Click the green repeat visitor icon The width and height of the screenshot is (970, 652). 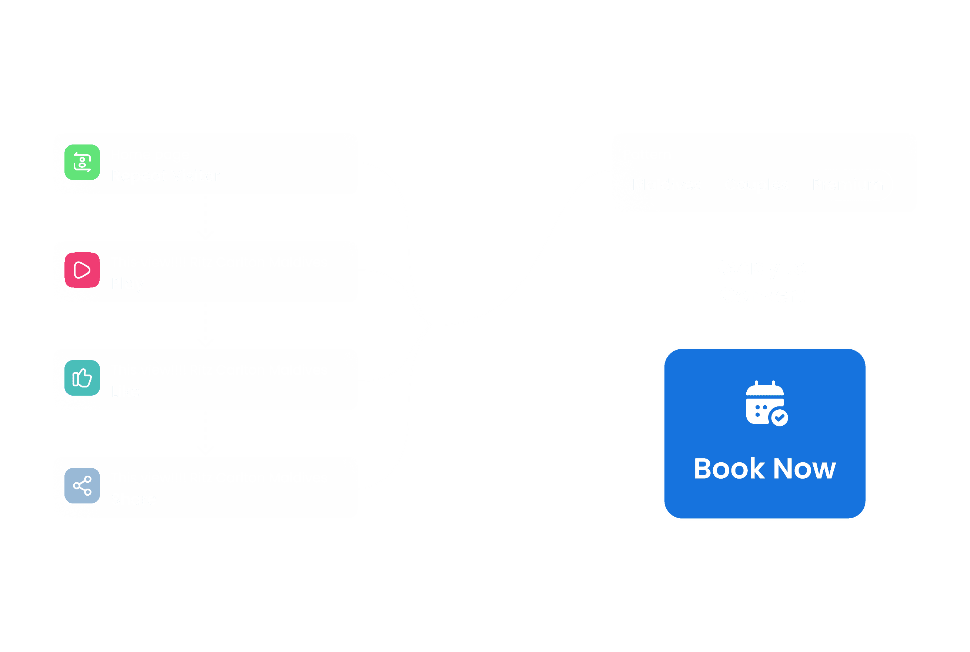(x=82, y=162)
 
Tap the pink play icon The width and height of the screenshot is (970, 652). (x=82, y=270)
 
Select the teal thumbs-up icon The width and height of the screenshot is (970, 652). (x=82, y=377)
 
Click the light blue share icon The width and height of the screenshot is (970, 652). (x=82, y=485)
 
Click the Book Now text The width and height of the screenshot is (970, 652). (x=765, y=469)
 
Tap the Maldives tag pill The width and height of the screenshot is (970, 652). (x=667, y=184)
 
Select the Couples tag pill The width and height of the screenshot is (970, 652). (x=756, y=184)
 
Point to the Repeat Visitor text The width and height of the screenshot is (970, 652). (x=165, y=176)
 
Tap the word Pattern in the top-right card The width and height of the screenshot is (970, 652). (x=647, y=154)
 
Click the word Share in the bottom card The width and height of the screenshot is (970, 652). (x=134, y=499)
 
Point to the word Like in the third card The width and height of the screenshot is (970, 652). (x=126, y=391)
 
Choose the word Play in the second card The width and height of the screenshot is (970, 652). (x=127, y=284)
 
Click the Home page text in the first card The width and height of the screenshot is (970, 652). (x=150, y=154)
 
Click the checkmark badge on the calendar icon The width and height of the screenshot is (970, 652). (x=779, y=417)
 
